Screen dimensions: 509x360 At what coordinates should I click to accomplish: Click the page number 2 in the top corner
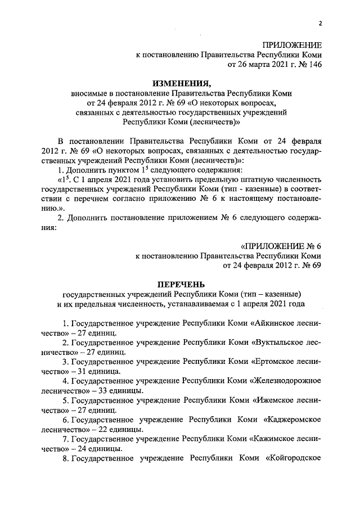(x=319, y=23)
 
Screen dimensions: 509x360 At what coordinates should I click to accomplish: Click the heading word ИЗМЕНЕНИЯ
(x=180, y=82)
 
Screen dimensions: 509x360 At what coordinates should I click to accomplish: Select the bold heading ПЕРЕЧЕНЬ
(x=181, y=285)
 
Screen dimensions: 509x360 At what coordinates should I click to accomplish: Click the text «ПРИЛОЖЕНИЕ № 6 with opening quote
(x=280, y=246)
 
